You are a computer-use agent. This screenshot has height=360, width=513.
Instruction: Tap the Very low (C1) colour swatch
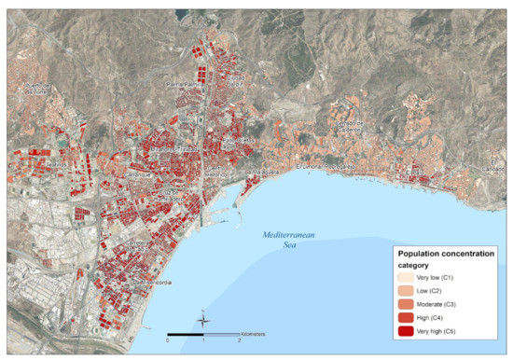[x=408, y=277]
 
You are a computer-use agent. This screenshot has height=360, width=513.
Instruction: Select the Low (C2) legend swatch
[x=408, y=292]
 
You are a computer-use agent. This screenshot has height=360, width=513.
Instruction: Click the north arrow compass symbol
[x=204, y=321]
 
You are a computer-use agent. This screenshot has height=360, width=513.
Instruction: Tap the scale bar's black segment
[x=186, y=333]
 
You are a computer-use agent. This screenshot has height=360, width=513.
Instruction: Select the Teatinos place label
[x=57, y=166]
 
